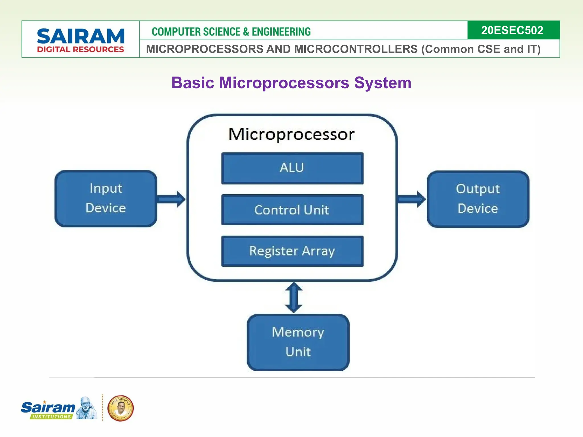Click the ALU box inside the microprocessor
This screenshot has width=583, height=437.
tap(292, 168)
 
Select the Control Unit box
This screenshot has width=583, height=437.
tap(292, 210)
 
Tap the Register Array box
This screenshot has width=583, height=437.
tap(292, 251)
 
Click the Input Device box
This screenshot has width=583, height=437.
tap(106, 199)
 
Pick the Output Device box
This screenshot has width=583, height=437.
tap(478, 199)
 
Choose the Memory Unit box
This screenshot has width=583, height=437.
tap(298, 342)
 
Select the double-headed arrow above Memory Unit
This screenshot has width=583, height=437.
tap(294, 298)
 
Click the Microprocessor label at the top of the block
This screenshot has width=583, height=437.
tap(291, 134)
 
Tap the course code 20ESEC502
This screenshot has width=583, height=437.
tap(512, 30)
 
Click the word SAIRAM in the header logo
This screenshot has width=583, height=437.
tap(81, 36)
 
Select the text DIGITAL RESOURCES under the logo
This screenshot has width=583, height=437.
tap(81, 50)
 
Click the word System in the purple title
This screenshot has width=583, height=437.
tap(383, 83)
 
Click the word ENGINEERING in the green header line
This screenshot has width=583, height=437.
tap(281, 32)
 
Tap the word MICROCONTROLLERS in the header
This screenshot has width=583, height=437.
tap(356, 49)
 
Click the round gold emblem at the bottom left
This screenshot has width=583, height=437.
tap(120, 408)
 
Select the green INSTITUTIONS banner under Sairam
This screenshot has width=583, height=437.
tap(51, 417)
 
